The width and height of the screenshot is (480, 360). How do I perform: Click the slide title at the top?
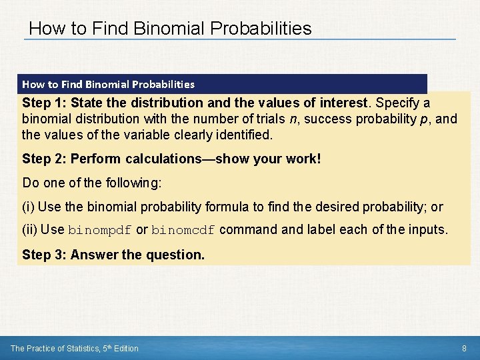pyautogui.click(x=170, y=28)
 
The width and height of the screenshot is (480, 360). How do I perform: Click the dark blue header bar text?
pyautogui.click(x=108, y=85)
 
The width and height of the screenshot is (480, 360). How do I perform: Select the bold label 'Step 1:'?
pyautogui.click(x=44, y=103)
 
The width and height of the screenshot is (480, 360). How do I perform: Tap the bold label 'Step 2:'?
pyautogui.click(x=44, y=159)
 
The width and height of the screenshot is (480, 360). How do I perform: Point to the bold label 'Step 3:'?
pyautogui.click(x=44, y=255)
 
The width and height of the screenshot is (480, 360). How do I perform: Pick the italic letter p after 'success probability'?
pyautogui.click(x=425, y=119)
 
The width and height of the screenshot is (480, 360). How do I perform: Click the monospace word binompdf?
pyautogui.click(x=100, y=231)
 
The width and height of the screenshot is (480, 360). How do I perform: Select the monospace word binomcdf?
pyautogui.click(x=183, y=231)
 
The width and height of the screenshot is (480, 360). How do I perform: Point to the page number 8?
pyautogui.click(x=464, y=348)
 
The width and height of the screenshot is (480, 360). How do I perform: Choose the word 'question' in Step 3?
pyautogui.click(x=179, y=255)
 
